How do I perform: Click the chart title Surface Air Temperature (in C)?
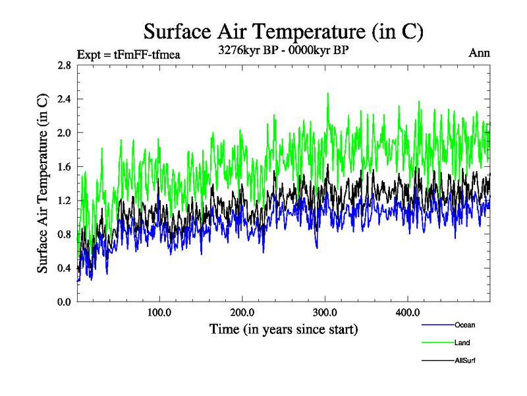[283, 31]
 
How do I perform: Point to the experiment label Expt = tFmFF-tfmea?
[128, 54]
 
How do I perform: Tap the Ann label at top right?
[479, 53]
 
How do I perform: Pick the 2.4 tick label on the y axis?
[64, 100]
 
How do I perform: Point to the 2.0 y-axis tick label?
[64, 133]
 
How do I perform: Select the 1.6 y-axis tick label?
[64, 167]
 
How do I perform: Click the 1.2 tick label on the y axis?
[64, 201]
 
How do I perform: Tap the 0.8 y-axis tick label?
[64, 234]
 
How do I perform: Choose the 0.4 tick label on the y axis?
[64, 268]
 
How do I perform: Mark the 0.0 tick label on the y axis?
[64, 302]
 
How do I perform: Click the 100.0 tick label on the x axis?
[159, 312]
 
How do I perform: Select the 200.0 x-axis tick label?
[242, 312]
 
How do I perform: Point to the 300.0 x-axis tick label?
[325, 312]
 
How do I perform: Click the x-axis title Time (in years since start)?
[283, 329]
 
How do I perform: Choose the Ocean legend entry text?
[464, 325]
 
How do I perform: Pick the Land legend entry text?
[462, 343]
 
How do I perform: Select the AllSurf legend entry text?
[465, 360]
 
